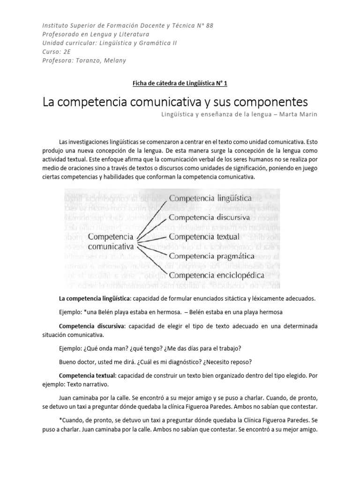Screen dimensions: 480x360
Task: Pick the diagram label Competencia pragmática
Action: pos(211,256)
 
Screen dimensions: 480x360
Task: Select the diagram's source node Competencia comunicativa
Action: pos(111,241)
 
